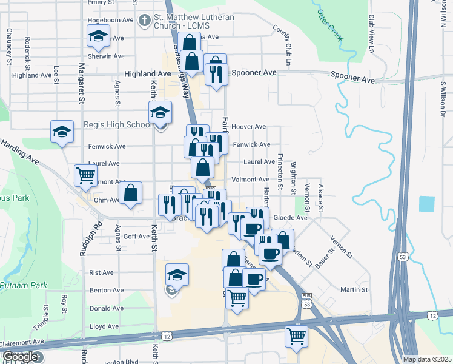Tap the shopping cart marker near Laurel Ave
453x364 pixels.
(x=85, y=175)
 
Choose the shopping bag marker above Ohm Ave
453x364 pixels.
(x=130, y=194)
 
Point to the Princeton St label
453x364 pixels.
(x=280, y=174)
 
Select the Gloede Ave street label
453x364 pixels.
(x=291, y=217)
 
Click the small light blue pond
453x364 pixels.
(x=426, y=204)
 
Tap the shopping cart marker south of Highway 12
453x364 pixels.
(x=296, y=337)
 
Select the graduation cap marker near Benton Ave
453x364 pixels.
(x=177, y=275)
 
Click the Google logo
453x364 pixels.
(x=21, y=357)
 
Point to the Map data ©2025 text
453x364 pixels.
(x=426, y=359)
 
